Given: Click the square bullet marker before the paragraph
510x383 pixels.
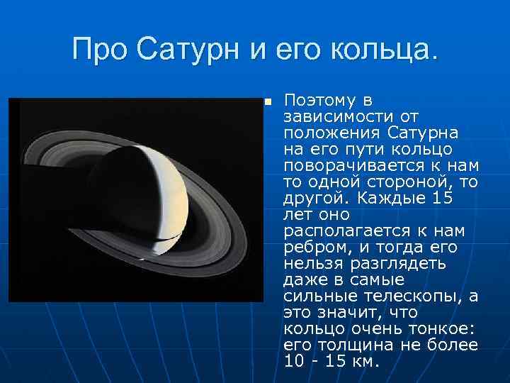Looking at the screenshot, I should (x=267, y=102).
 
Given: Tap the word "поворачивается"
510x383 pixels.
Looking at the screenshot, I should (x=353, y=165).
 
